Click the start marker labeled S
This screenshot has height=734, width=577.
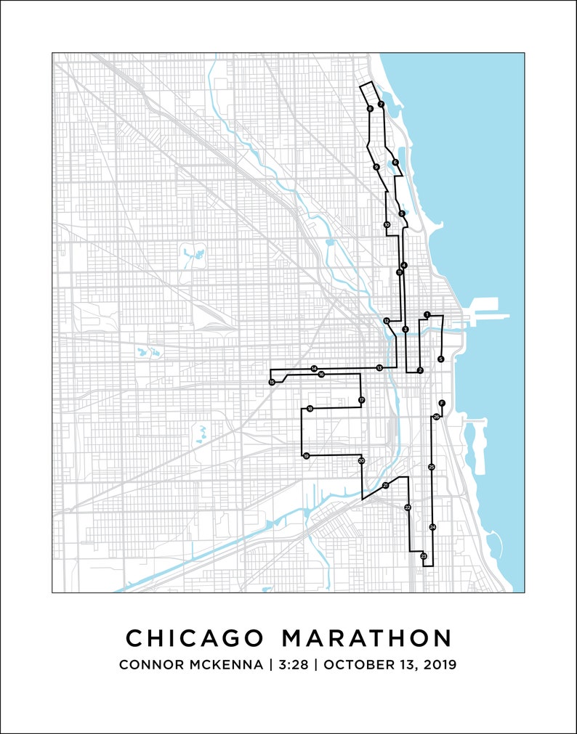(441, 359)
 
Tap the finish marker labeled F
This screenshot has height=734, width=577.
(441, 402)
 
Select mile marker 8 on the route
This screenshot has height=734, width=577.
(370, 109)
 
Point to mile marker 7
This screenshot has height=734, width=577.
(381, 105)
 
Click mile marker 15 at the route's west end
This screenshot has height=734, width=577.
(272, 382)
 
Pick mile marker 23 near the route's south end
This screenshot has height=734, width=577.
(423, 556)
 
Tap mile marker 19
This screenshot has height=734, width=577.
(306, 456)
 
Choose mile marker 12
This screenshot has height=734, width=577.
(387, 320)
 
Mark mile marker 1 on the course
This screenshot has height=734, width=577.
(427, 314)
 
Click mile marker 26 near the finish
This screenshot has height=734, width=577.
(436, 417)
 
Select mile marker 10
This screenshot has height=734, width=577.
(387, 225)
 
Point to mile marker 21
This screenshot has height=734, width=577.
(385, 485)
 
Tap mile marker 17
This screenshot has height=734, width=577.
(361, 400)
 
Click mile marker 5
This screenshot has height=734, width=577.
(402, 213)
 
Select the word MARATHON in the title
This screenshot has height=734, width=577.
(366, 638)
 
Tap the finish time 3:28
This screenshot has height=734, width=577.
(292, 664)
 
